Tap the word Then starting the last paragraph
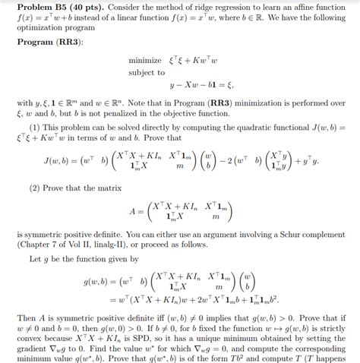pos(27,316)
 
